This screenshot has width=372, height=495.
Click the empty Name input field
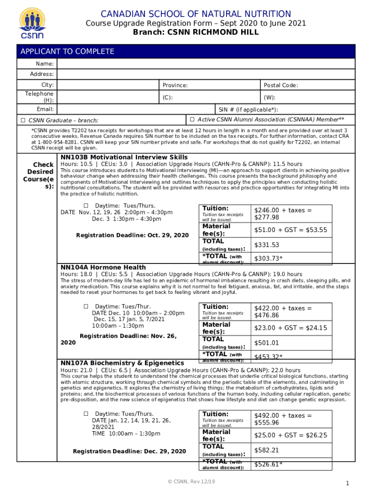coord(206,64)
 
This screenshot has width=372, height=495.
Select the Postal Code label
coord(281,86)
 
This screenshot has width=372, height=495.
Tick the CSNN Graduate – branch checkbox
coord(23,120)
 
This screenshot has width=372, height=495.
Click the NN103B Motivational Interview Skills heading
coord(124,158)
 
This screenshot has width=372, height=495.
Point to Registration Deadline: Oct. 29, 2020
coord(132,235)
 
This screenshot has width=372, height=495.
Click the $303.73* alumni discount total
coord(268,259)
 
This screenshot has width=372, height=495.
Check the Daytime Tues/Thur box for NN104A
coord(86,306)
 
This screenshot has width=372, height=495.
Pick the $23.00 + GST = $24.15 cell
coord(290,328)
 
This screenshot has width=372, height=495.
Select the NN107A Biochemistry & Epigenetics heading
coord(122,363)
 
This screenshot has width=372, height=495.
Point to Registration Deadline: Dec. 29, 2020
coord(129,451)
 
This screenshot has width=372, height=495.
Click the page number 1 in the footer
coord(347,484)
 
